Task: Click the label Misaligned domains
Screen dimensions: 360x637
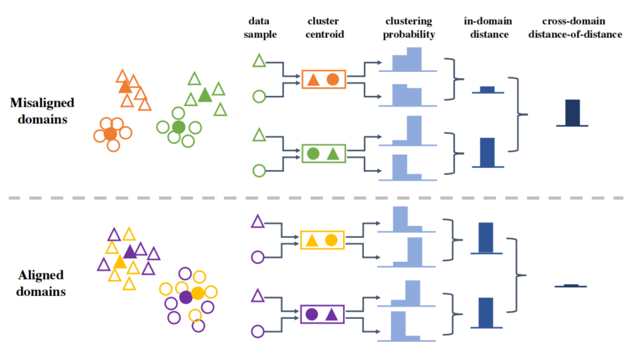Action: coord(42,111)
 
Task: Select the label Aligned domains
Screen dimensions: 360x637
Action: coord(42,283)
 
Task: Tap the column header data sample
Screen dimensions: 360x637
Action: coord(259,27)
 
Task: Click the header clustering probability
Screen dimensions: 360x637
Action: coord(409,27)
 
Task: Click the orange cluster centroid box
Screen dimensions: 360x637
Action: coord(323,79)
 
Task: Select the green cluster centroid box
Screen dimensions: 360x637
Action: coord(323,153)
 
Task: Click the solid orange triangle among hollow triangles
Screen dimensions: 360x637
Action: coord(125,87)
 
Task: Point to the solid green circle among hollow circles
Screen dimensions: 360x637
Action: coord(178,127)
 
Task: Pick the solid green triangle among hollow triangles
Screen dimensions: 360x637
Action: coord(205,95)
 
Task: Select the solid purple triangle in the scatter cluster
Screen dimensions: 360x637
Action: coord(131,251)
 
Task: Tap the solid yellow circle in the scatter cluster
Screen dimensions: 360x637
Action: coord(197,293)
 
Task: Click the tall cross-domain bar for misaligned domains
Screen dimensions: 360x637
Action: coord(572,112)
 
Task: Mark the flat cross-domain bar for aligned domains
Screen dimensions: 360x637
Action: coord(571,285)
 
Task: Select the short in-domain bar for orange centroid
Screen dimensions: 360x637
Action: coord(487,89)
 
